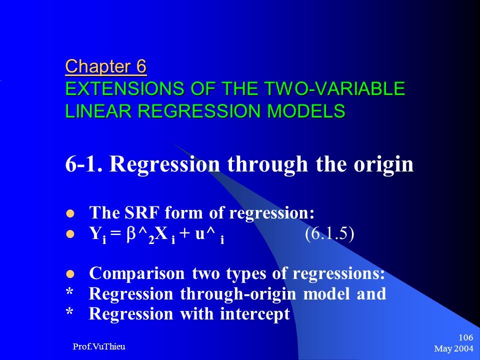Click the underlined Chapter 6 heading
(x=106, y=66)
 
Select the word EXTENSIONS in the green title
(x=124, y=89)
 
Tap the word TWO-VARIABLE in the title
(x=335, y=89)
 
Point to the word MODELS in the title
(x=306, y=111)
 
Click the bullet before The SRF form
(x=70, y=213)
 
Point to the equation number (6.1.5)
(x=329, y=234)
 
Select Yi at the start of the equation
(x=98, y=235)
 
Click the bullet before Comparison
(x=70, y=274)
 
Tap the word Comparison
(x=137, y=273)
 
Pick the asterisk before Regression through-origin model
(x=70, y=292)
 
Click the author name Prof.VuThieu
(x=99, y=346)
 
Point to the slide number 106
(x=466, y=337)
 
